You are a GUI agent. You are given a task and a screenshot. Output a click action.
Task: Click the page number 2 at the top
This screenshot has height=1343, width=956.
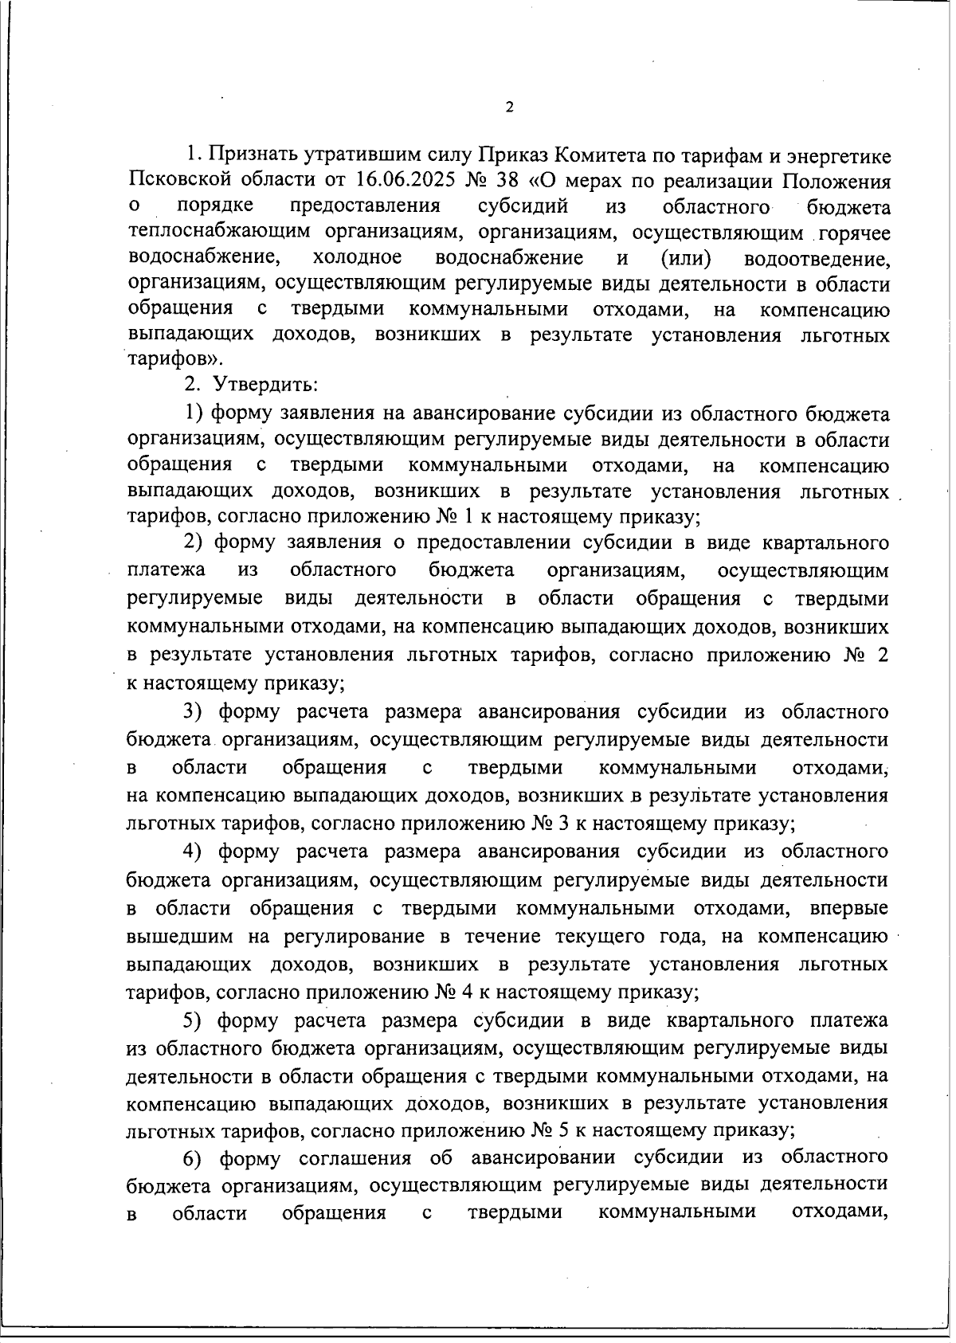point(509,107)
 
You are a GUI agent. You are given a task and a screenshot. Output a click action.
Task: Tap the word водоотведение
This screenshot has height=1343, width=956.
point(817,259)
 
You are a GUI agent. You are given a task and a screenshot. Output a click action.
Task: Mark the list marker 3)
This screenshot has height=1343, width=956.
point(195,711)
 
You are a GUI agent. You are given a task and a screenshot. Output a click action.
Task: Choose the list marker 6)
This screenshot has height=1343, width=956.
point(196,1157)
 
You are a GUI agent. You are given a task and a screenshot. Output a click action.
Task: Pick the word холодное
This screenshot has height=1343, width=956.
point(358,258)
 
